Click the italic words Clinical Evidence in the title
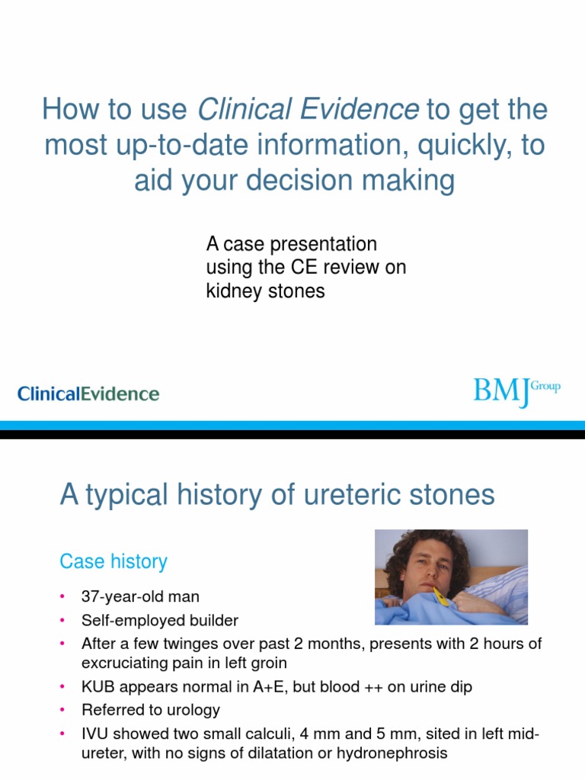(308, 110)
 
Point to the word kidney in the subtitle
(231, 291)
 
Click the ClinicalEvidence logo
(88, 394)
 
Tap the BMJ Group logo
(516, 391)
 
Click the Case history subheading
(113, 562)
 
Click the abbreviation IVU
(95, 734)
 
